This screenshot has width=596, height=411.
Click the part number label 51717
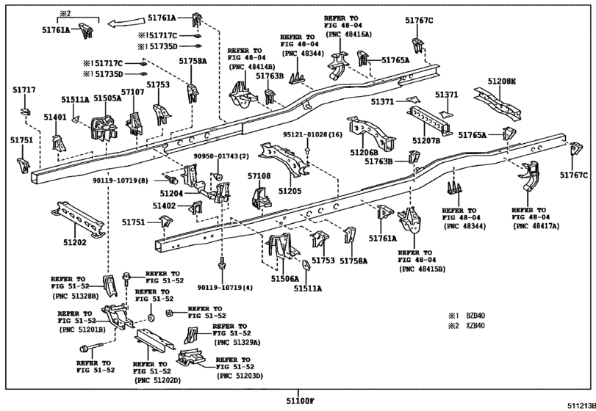(24, 90)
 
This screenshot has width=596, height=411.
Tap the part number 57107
(133, 92)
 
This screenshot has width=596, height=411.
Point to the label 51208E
(502, 81)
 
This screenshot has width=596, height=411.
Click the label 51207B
(426, 141)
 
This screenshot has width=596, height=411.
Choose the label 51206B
(364, 152)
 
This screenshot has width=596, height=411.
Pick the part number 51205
(290, 191)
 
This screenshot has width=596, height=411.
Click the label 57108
(259, 176)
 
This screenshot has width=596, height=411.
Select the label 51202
(75, 242)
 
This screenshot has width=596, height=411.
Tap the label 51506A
(285, 279)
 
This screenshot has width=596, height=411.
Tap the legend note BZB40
(475, 316)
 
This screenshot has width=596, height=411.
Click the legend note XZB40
(475, 326)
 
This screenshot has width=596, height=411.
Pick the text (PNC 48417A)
(536, 226)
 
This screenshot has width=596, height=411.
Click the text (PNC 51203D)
(240, 376)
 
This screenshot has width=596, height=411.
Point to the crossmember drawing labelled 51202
(78, 219)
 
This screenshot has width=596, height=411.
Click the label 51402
(164, 206)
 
